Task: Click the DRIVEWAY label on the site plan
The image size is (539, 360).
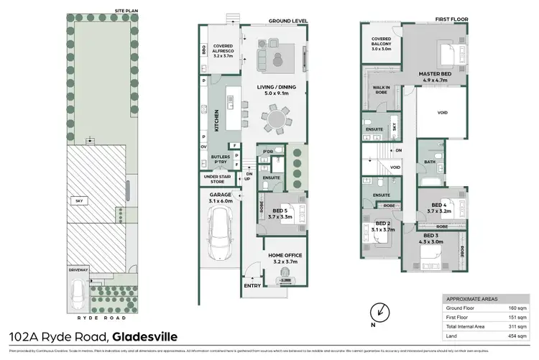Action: pyautogui.click(x=78, y=270)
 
